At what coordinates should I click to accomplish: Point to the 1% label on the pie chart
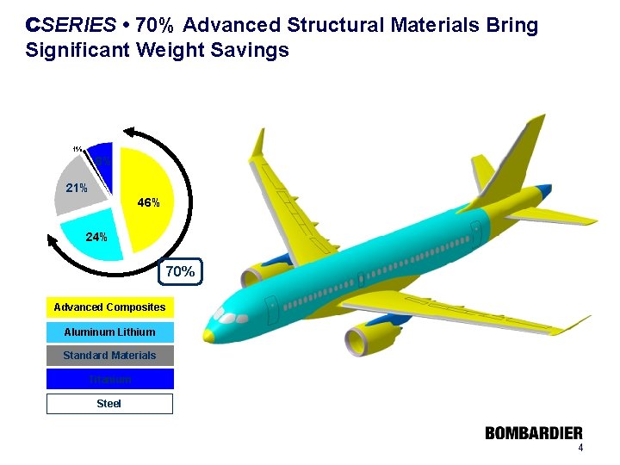[77, 149]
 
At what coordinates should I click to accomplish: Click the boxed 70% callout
[180, 272]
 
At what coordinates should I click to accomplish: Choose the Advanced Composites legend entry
[109, 307]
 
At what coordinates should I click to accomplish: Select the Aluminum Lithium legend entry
[109, 332]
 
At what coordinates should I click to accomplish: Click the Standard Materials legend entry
[109, 356]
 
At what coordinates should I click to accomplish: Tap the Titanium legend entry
[109, 379]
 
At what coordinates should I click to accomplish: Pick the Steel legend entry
[109, 403]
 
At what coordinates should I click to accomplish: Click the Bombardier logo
[533, 434]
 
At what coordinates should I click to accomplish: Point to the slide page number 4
[580, 449]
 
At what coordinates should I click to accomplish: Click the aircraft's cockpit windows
[231, 316]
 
